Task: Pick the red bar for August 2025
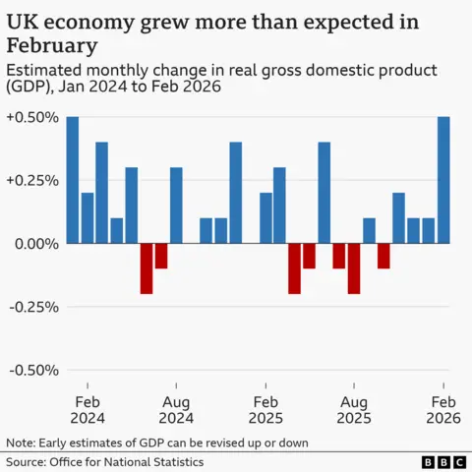click(354, 267)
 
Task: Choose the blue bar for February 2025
click(265, 217)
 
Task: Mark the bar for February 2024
click(88, 217)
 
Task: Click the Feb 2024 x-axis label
click(88, 410)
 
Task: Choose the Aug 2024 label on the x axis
click(176, 410)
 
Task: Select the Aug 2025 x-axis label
click(354, 410)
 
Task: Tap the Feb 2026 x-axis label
click(443, 410)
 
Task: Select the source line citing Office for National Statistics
click(104, 461)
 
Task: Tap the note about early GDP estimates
click(157, 442)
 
